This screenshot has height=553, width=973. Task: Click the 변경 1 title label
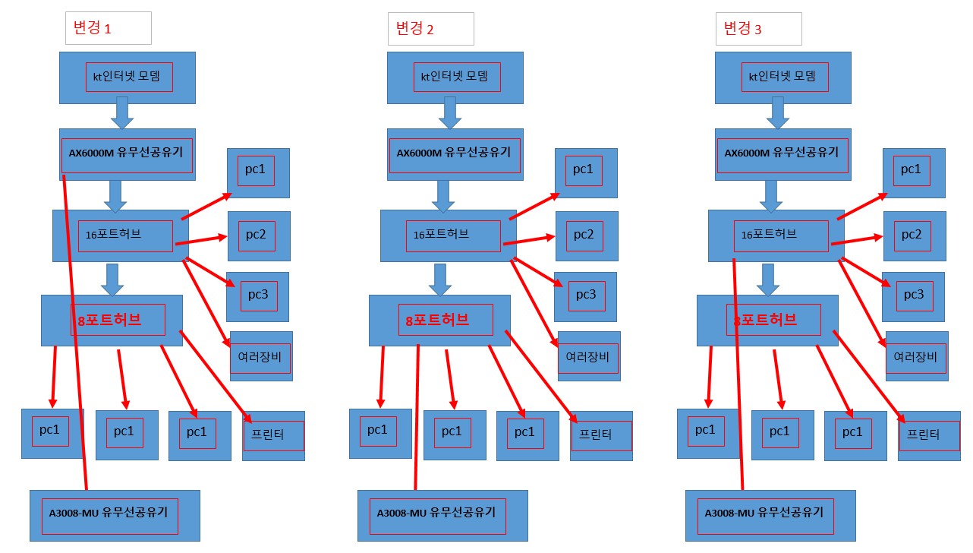click(109, 28)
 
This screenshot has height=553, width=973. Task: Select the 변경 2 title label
click(431, 29)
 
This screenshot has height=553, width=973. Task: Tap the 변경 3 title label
click(759, 29)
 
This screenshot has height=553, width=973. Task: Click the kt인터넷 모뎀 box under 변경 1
click(128, 77)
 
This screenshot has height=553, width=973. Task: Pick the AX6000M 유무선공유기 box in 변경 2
click(455, 154)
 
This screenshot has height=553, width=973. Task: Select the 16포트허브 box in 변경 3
click(776, 236)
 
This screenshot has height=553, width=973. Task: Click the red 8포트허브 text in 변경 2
click(437, 321)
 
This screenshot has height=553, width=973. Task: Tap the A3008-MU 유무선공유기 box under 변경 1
click(115, 516)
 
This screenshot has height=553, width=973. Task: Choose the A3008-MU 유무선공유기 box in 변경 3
click(770, 516)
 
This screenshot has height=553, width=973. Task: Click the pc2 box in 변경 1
click(260, 236)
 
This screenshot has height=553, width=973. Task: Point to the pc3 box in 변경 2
click(585, 297)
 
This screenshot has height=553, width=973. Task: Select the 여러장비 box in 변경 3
click(917, 356)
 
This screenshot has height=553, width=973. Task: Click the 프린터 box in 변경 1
click(274, 436)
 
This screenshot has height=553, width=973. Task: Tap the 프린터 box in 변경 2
click(602, 436)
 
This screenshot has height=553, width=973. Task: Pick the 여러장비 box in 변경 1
click(262, 356)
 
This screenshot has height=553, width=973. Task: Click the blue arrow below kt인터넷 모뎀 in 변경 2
click(450, 113)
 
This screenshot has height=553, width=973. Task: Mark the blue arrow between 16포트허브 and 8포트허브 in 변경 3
click(768, 280)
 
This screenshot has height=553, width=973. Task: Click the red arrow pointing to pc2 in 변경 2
click(529, 240)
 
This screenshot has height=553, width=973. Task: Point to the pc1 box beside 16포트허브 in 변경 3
click(914, 173)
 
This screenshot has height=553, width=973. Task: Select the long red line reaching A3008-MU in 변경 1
click(74, 333)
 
